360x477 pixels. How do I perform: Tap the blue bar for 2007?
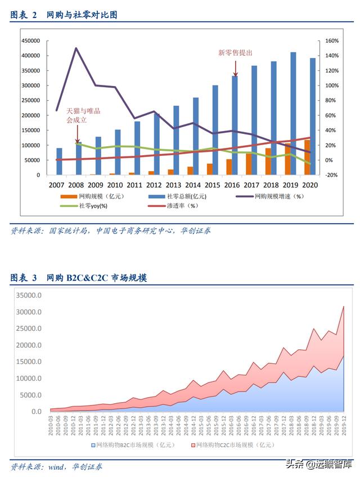59,161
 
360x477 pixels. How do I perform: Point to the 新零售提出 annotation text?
235,52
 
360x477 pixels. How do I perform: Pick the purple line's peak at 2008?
76,48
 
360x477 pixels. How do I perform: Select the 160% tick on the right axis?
331,41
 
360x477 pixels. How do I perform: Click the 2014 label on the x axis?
192,184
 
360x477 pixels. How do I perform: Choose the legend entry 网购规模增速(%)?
278,196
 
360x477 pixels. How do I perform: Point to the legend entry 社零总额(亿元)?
183,196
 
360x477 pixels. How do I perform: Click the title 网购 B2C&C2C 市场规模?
96,278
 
